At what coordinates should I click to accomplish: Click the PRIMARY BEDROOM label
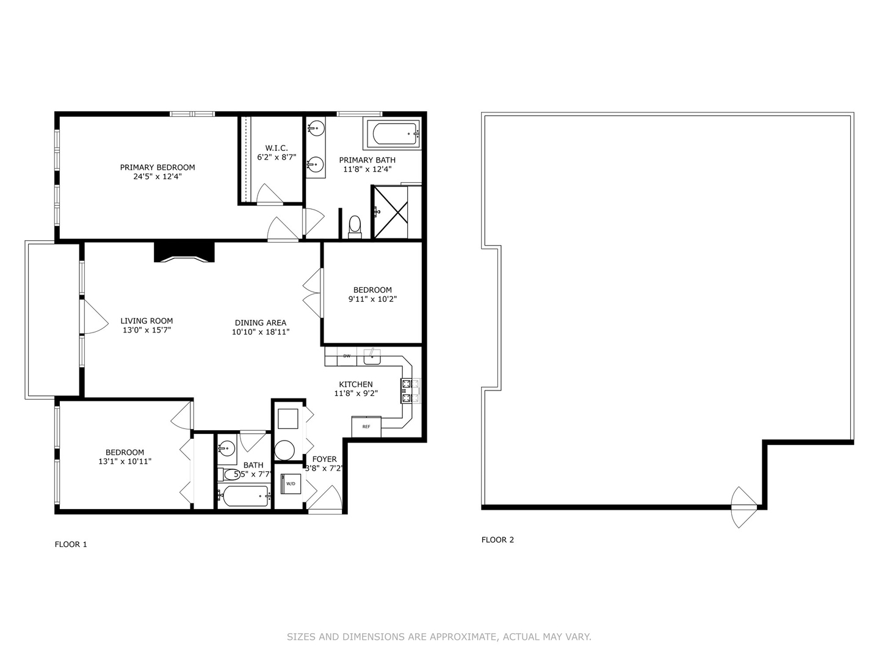point(157,167)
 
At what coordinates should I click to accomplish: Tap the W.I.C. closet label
point(277,148)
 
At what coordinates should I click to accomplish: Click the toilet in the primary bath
point(355,226)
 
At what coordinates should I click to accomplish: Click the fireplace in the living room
point(184,252)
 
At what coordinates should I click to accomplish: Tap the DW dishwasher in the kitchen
point(347,356)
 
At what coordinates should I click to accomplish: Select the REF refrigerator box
point(366,427)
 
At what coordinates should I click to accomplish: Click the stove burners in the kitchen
point(410,391)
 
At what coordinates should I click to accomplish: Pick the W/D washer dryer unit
point(291,484)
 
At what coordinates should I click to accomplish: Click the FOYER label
point(324,459)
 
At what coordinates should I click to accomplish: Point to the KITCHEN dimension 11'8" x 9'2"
point(356,394)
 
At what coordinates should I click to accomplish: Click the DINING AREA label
point(261,323)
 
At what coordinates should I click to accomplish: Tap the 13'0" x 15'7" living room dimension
point(146,330)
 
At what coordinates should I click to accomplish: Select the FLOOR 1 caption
point(71,544)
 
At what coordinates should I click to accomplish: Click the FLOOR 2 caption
point(497,540)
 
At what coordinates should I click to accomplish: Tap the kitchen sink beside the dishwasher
point(372,356)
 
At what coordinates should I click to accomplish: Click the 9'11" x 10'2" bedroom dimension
point(372,299)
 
